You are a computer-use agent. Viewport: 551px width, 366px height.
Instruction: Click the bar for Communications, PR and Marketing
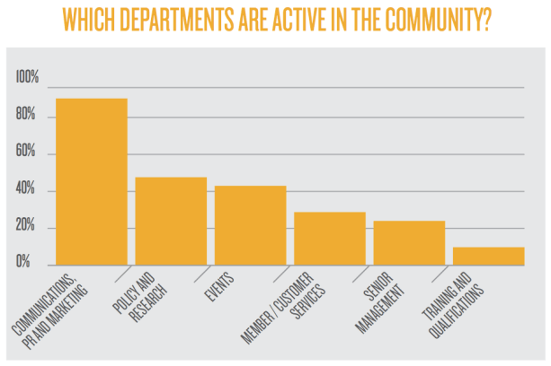click(x=92, y=182)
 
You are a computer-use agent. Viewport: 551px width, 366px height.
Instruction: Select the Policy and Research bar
click(x=171, y=221)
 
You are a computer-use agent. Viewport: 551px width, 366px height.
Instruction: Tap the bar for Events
click(x=250, y=225)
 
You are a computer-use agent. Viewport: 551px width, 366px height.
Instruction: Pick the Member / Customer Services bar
click(x=330, y=238)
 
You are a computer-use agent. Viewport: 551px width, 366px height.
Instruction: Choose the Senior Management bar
click(x=409, y=242)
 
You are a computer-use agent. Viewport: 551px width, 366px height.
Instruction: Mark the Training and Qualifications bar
click(x=488, y=256)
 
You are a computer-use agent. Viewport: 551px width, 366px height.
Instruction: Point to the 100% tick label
click(x=28, y=80)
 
